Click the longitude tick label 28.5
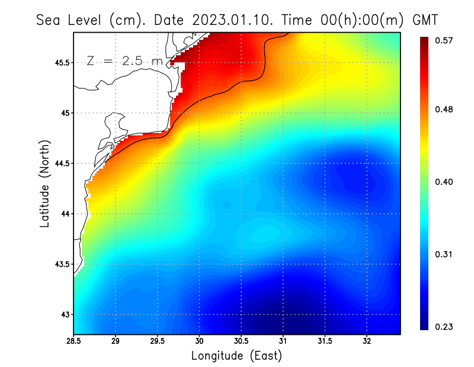pos(74,342)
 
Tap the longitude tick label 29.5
pos(157,342)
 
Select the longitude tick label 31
pos(283,342)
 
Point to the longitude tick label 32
pos(367,342)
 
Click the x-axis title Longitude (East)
pos(236,356)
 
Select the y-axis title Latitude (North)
pos(45,183)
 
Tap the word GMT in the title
pos(424,20)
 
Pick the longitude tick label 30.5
pos(241,342)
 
